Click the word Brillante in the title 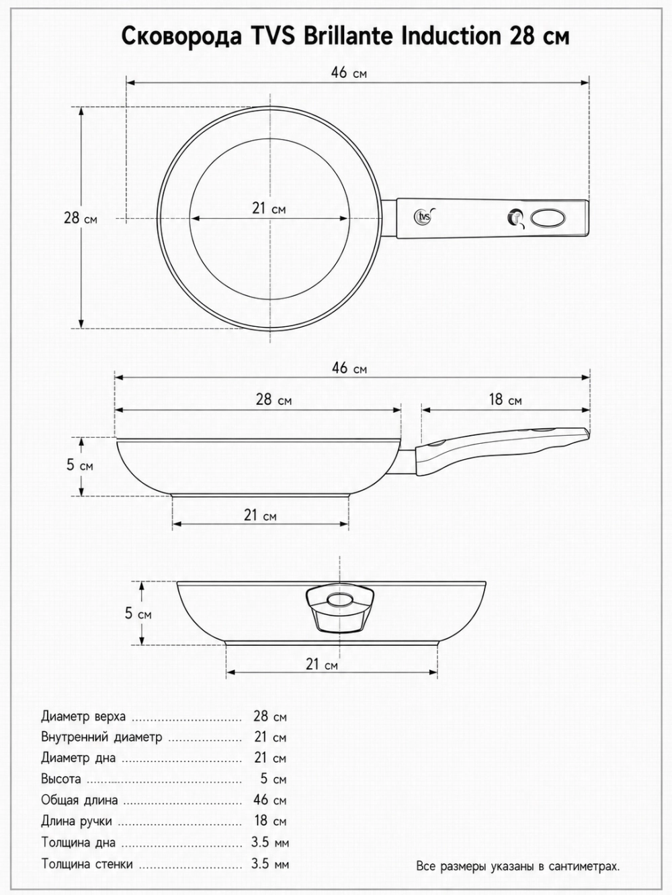click(349, 36)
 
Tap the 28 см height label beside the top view click(81, 218)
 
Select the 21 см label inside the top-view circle click(269, 208)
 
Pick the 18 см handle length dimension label click(505, 399)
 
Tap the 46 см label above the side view click(349, 368)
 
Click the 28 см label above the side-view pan click(274, 399)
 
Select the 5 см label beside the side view click(80, 465)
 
